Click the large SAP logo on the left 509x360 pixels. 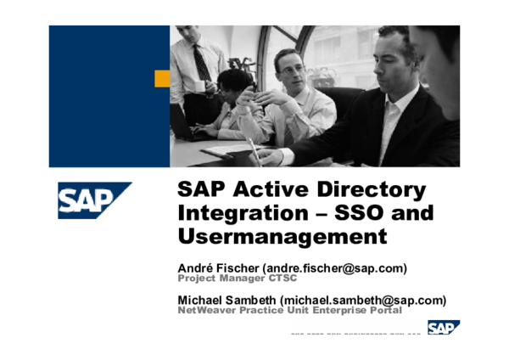[94, 200]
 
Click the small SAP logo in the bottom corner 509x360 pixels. [443, 328]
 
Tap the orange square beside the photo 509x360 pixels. [161, 78]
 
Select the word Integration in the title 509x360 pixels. [232, 212]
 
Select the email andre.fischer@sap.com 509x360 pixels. [337, 268]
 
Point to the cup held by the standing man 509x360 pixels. [200, 86]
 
